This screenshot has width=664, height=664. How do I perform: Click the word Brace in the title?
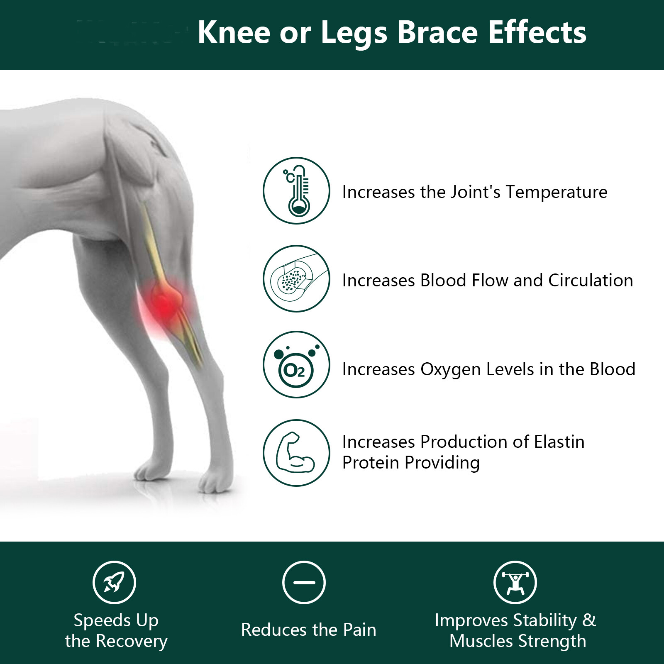click(437, 32)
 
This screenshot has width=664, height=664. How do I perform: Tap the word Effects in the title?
click(537, 32)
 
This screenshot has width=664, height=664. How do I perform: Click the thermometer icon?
click(296, 191)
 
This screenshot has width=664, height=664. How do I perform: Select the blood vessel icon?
click(296, 278)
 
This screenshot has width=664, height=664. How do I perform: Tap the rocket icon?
click(114, 582)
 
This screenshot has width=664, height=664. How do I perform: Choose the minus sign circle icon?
click(304, 582)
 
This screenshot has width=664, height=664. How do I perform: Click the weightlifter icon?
click(515, 582)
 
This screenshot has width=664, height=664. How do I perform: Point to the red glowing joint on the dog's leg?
click(166, 303)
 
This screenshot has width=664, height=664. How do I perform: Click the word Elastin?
click(559, 442)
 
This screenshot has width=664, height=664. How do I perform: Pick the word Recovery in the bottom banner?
click(132, 642)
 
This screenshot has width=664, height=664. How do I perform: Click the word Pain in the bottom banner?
click(359, 630)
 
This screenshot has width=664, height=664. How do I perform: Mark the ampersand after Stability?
click(589, 620)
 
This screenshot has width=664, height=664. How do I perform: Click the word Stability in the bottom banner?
click(545, 621)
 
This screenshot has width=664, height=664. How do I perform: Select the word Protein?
click(371, 463)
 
